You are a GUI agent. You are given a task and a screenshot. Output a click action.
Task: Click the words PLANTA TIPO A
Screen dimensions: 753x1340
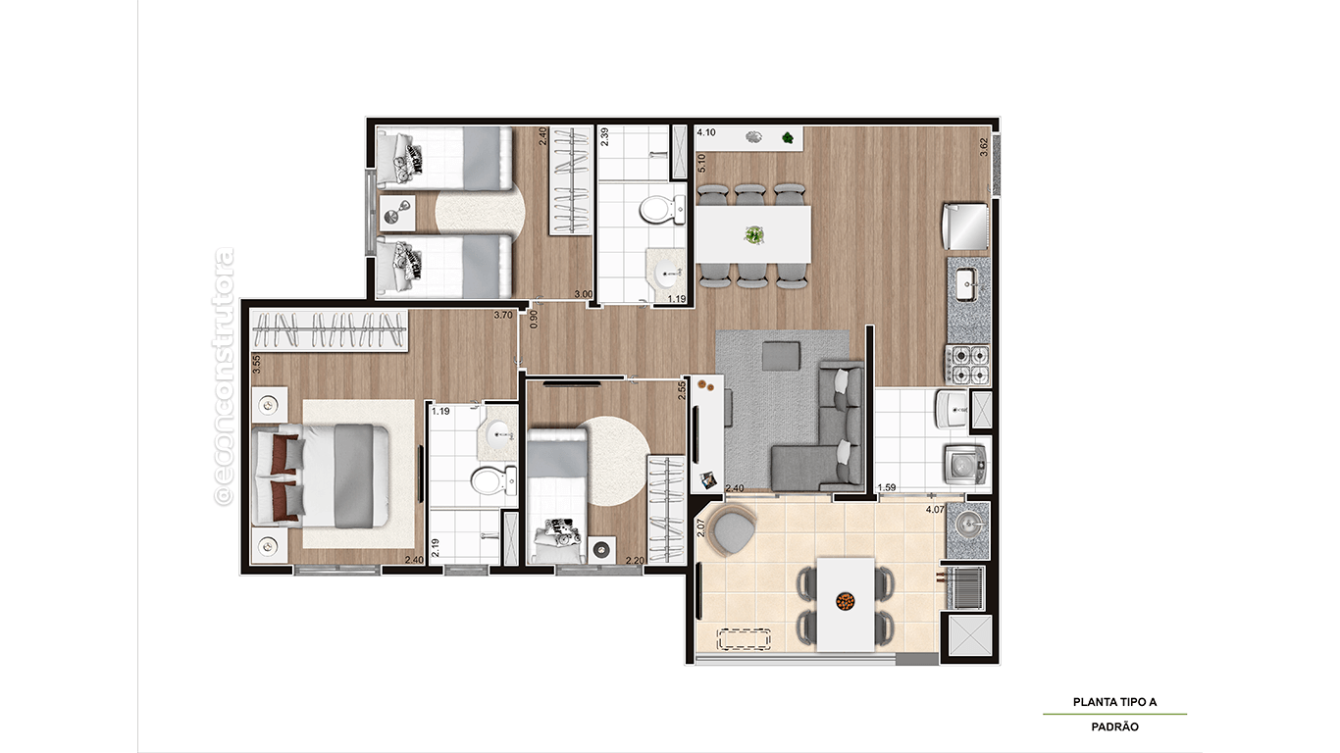(1114, 702)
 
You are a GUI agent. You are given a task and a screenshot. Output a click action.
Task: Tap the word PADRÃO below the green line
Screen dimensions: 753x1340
(1114, 728)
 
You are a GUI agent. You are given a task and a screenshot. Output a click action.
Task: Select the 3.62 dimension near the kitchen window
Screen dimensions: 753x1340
(985, 147)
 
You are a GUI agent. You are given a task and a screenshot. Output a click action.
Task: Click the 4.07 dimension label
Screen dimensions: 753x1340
(936, 510)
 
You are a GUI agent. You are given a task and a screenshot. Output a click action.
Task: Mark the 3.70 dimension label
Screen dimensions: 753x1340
(503, 315)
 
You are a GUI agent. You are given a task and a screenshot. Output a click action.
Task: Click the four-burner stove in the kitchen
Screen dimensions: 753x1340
(967, 364)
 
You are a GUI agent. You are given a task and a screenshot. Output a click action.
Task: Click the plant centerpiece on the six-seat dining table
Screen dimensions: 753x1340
(753, 234)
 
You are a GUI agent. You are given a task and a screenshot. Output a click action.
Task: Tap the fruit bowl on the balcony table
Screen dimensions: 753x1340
(845, 600)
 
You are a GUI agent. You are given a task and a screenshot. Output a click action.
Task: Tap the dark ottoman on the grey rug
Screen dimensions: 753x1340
(781, 355)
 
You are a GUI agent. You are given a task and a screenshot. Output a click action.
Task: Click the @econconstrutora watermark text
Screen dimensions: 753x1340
(224, 377)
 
